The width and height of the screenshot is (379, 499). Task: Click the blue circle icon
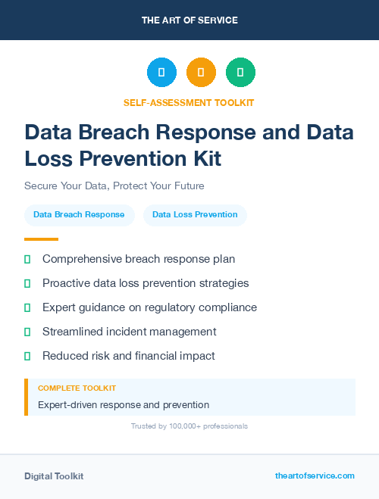[x=161, y=72]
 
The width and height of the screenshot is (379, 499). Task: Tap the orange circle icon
[x=201, y=72]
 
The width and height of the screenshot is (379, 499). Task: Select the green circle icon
[x=240, y=72]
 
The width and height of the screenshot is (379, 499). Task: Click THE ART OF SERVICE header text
[x=189, y=20]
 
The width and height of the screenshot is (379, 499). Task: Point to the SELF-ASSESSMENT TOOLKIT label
[x=189, y=102]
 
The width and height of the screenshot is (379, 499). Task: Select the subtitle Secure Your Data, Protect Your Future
[x=114, y=186]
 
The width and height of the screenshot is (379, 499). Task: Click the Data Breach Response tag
[x=79, y=215]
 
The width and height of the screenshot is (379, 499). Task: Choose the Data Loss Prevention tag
[x=195, y=215]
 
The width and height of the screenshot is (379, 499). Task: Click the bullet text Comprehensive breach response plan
[x=139, y=259]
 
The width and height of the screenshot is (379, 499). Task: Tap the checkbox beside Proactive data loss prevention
[x=27, y=284]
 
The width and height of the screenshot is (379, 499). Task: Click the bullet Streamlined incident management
[x=130, y=332]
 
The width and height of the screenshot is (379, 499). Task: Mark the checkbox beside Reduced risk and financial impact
[x=27, y=356]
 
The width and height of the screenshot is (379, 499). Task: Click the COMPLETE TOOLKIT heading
[x=77, y=388]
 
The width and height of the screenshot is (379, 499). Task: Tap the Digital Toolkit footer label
[x=54, y=476]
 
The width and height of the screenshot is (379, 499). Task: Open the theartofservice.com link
[x=315, y=476]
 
